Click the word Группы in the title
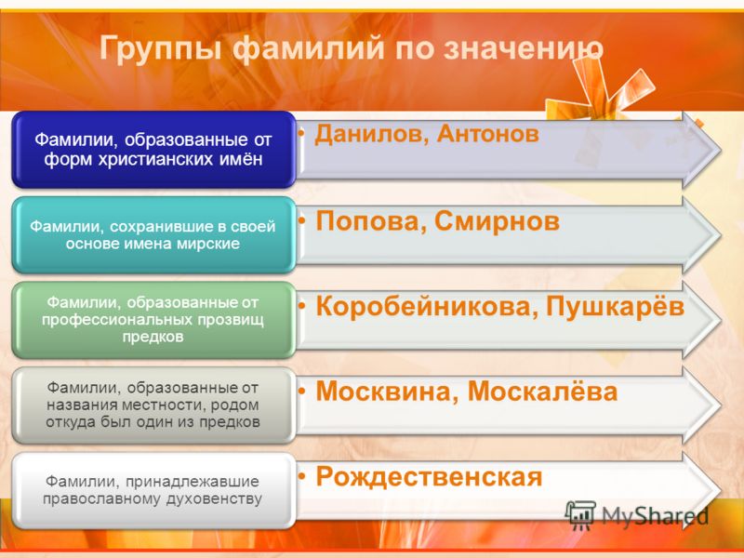(160, 49)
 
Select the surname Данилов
(372, 134)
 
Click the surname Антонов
(487, 133)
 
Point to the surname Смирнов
(497, 221)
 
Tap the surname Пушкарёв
(616, 306)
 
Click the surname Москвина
(383, 392)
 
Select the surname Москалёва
(542, 391)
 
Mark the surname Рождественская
(429, 477)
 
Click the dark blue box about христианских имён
(153, 150)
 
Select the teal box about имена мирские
(153, 235)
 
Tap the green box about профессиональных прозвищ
(153, 320)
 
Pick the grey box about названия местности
(153, 405)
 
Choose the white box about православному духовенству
(153, 490)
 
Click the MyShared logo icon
(580, 514)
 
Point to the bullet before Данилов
(301, 133)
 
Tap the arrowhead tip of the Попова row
(721, 235)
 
